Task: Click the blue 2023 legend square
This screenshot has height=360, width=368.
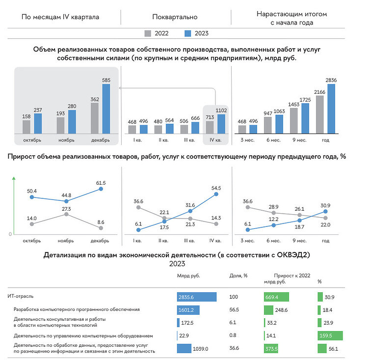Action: point(187,33)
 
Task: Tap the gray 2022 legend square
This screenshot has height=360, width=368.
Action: point(148,33)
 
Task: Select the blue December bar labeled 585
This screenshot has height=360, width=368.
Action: point(106,109)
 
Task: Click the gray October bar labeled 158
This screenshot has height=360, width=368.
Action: point(26,127)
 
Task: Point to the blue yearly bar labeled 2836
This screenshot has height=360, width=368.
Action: point(331,109)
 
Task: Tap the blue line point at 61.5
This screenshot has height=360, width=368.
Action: point(101,189)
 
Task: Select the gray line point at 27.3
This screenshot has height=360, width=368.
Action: point(66,214)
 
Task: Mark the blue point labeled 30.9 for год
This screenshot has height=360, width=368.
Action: point(325,212)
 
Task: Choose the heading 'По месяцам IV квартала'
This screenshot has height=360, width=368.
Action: point(60,17)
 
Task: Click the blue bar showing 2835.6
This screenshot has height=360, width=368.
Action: point(197,297)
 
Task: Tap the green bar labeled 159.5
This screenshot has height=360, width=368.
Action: point(330,335)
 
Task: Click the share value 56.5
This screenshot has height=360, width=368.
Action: point(234,310)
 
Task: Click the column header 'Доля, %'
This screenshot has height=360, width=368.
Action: point(238,276)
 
